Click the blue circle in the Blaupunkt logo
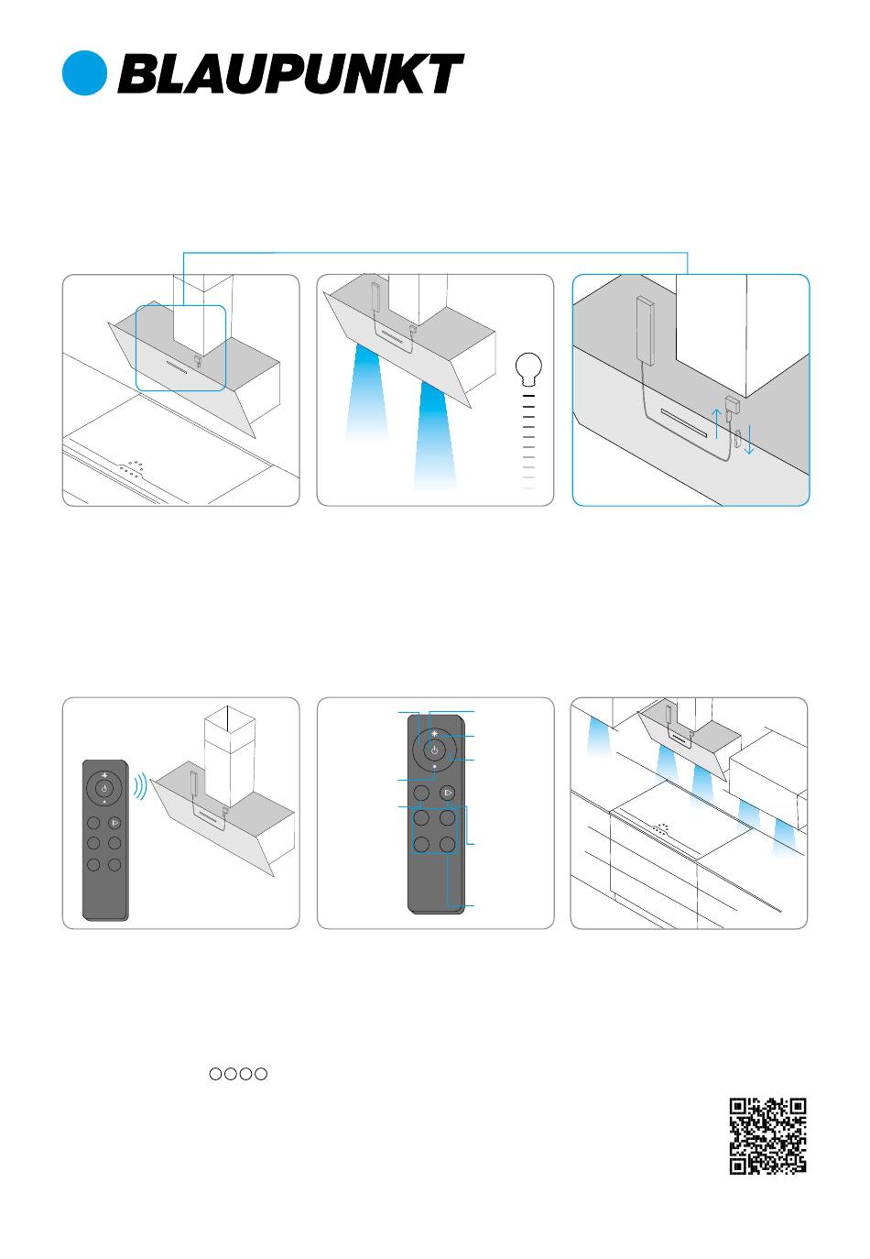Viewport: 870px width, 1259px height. coord(84,73)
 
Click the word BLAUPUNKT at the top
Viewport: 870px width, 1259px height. coord(290,73)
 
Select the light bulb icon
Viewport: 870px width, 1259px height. coord(528,368)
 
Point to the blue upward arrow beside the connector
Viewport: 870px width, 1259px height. coord(717,423)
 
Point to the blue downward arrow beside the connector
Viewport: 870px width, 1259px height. coord(750,439)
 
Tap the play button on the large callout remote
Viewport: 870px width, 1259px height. coord(447,793)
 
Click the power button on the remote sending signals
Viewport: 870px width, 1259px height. coord(103,789)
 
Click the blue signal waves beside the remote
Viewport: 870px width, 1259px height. coord(140,786)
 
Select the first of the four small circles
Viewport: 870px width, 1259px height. coord(215,1074)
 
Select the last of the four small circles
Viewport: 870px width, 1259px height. coord(261,1074)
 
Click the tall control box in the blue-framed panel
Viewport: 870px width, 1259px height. coord(644,331)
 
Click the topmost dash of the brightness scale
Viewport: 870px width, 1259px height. coord(528,396)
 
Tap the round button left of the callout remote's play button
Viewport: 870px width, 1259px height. coord(421,793)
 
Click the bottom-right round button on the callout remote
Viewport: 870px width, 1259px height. coord(448,844)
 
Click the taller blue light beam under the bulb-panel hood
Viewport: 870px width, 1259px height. coord(435,435)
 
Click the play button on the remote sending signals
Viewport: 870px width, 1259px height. coord(114,823)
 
